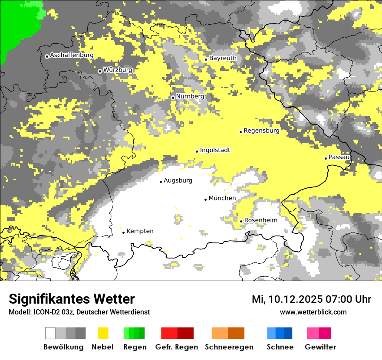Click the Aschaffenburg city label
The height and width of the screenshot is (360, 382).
pyautogui.click(x=72, y=55)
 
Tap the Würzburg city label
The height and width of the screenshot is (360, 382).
pyautogui.click(x=118, y=70)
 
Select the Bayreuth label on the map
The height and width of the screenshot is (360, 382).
pyautogui.click(x=223, y=58)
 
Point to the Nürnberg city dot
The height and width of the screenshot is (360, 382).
pyautogui.click(x=173, y=98)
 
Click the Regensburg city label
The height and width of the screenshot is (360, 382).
pyautogui.click(x=261, y=131)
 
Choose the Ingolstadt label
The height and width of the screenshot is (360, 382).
pyautogui.click(x=215, y=150)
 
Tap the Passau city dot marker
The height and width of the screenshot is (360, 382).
pyautogui.click(x=326, y=158)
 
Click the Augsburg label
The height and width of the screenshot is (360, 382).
pyautogui.click(x=178, y=180)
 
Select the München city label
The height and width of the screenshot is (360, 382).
pyautogui.click(x=222, y=198)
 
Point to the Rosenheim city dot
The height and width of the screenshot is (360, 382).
pyautogui.click(x=241, y=221)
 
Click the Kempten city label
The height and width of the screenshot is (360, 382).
pyautogui.click(x=140, y=231)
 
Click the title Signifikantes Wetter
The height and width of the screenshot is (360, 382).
pyautogui.click(x=72, y=299)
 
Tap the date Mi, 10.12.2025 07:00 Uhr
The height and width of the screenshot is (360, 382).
pyautogui.click(x=311, y=299)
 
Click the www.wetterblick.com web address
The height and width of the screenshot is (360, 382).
pyautogui.click(x=313, y=312)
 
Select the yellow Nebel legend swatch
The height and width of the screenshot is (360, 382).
pyautogui.click(x=103, y=333)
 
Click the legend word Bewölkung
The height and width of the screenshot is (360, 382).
pyautogui.click(x=63, y=347)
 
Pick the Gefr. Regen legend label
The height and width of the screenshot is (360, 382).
pyautogui.click(x=176, y=347)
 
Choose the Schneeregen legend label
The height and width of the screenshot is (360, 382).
pyautogui.click(x=229, y=347)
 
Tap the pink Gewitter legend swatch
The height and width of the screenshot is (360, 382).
pyautogui.click(x=319, y=333)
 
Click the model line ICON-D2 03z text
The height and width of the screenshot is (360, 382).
pyautogui.click(x=79, y=312)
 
